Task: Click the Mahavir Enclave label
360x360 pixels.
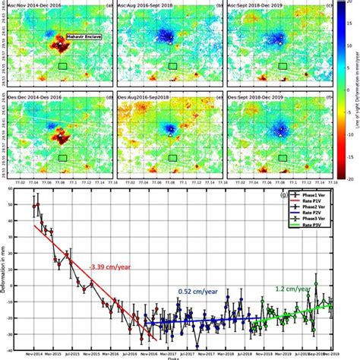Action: pyautogui.click(x=83, y=36)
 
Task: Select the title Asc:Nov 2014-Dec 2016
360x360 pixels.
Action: pyautogui.click(x=38, y=6)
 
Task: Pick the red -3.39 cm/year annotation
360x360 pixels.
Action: pyautogui.click(x=103, y=268)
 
